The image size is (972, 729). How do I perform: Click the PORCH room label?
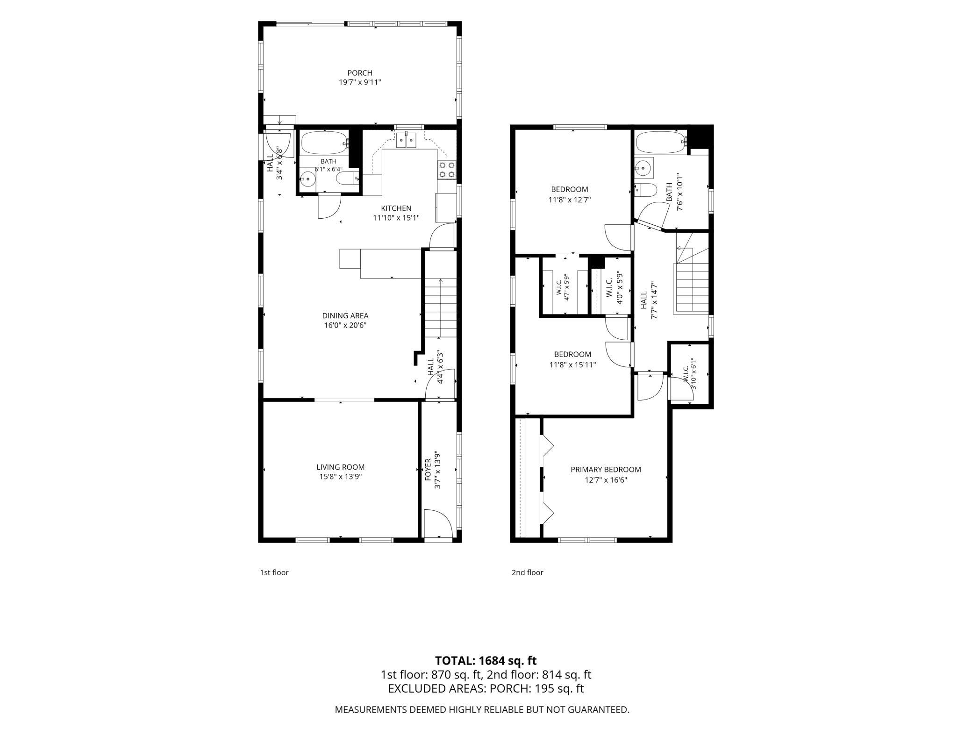(360, 73)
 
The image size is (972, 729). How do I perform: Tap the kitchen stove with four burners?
(446, 170)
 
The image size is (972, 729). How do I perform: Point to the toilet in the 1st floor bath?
(348, 178)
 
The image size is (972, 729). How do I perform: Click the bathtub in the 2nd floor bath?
(660, 142)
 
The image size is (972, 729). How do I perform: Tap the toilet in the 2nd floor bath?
(646, 191)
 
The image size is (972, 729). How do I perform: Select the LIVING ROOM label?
(340, 467)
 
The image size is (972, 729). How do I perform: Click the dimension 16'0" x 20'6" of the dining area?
(345, 325)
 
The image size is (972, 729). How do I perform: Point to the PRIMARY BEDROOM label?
(606, 470)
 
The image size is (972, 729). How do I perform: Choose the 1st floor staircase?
(440, 307)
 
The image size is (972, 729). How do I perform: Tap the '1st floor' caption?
(274, 572)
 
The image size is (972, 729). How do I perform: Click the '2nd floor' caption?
(527, 572)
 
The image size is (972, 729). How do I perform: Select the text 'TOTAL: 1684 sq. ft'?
(486, 660)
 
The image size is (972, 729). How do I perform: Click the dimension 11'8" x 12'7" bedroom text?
(569, 200)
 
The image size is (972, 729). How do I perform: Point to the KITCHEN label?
(396, 208)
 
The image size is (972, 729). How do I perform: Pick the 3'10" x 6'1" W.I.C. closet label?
(690, 374)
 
